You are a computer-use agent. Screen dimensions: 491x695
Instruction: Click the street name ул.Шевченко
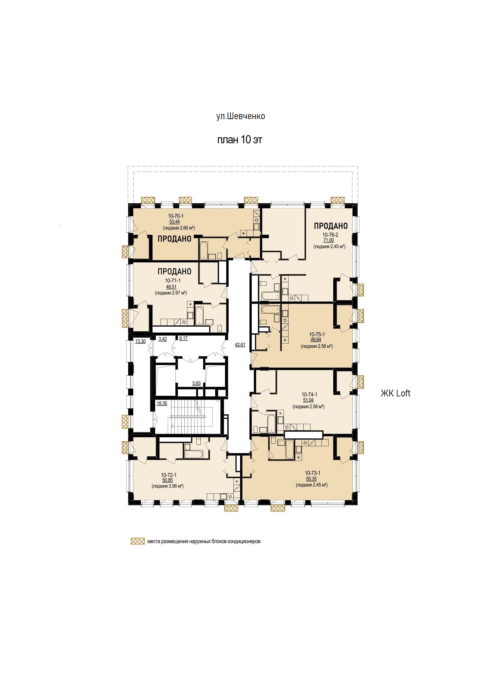[240, 116]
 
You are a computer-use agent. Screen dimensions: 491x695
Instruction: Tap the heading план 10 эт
[240, 140]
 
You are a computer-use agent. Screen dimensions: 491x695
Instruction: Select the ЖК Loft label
[395, 393]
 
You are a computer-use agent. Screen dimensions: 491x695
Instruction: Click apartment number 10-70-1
[176, 216]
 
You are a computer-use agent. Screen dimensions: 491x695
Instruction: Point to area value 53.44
[174, 222]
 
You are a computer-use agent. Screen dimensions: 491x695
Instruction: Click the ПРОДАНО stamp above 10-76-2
[331, 226]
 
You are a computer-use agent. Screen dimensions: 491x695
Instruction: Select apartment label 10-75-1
[317, 335]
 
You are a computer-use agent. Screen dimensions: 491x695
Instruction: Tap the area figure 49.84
[316, 340]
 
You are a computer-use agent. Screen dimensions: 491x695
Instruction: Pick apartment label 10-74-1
[310, 395]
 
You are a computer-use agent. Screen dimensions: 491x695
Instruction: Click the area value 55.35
[311, 479]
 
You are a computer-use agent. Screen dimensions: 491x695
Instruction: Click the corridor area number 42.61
[240, 344]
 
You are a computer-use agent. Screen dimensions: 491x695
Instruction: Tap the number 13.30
[140, 342]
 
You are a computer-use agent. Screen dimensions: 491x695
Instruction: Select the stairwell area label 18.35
[162, 403]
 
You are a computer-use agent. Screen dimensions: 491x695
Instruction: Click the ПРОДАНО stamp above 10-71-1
[174, 271]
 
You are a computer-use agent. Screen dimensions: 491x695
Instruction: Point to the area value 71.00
[329, 240]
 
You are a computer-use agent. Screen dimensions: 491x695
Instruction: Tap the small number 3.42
[162, 339]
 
